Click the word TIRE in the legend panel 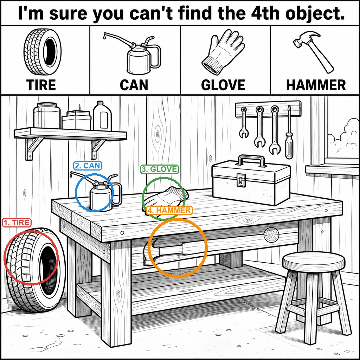(41, 85)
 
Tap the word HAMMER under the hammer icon (316, 85)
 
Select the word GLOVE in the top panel (223, 85)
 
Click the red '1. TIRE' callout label (17, 223)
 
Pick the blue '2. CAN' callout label (88, 166)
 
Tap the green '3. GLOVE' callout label (160, 169)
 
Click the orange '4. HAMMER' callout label (169, 210)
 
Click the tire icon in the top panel (43, 52)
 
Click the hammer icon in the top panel (314, 52)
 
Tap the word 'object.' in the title (315, 13)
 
